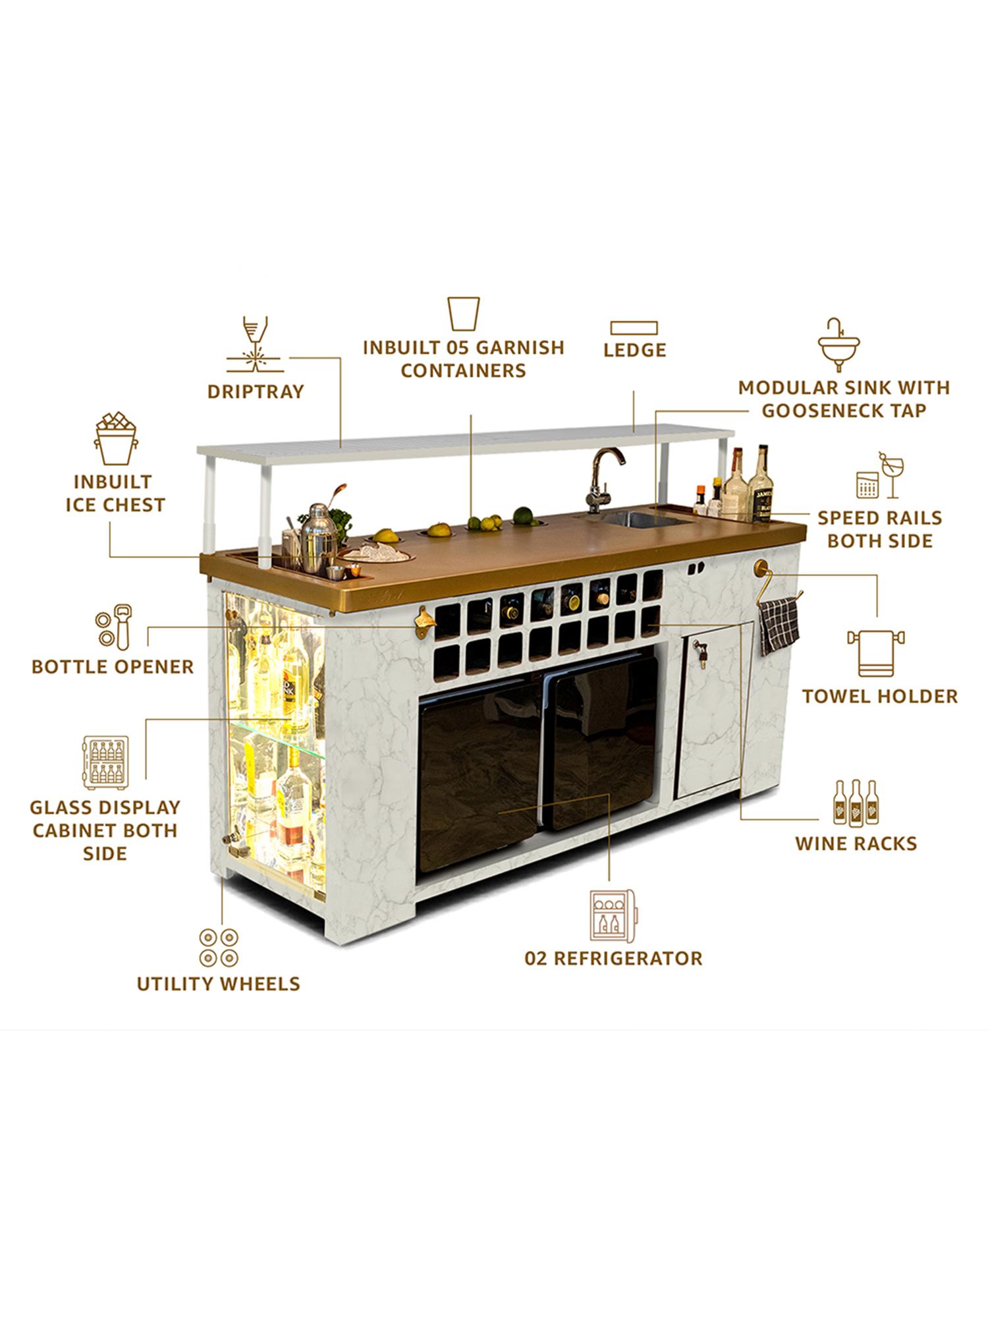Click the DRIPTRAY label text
point(256,391)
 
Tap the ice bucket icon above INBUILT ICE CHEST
point(116,439)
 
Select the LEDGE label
point(635,350)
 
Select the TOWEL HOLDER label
point(880,696)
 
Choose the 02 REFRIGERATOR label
point(613,958)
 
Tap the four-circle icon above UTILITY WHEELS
point(219,948)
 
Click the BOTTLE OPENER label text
point(113,666)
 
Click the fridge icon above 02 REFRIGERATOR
point(613,917)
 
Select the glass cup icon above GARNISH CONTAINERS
point(464,313)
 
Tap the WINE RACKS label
point(856,844)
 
